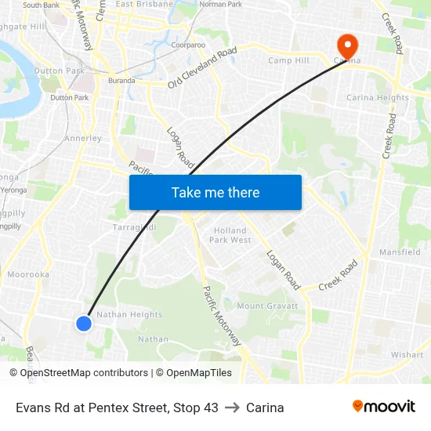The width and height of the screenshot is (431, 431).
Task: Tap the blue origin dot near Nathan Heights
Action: coord(84,323)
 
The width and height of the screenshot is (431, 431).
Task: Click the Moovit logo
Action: coord(384,407)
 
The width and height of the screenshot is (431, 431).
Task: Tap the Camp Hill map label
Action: coord(288,60)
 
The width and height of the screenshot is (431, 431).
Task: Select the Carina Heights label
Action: coord(378,98)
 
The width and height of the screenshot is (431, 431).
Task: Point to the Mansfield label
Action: coord(400,252)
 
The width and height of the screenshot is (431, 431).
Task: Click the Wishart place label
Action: coord(407,355)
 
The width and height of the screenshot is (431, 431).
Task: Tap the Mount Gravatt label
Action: coord(267,306)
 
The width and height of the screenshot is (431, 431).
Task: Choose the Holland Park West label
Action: coord(230,235)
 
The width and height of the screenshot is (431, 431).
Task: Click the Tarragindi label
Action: coord(135,227)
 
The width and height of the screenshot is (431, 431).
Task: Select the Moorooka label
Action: coord(28,275)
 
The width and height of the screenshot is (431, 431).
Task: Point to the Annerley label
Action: coord(83,139)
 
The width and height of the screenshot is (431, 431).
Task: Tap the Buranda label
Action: coord(121,81)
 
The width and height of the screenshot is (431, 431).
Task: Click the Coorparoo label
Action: coord(188,45)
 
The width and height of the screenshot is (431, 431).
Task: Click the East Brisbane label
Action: coord(144,5)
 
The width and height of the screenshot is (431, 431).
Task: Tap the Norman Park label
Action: coord(221,5)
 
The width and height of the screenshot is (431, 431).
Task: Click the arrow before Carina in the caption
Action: coord(232,407)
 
